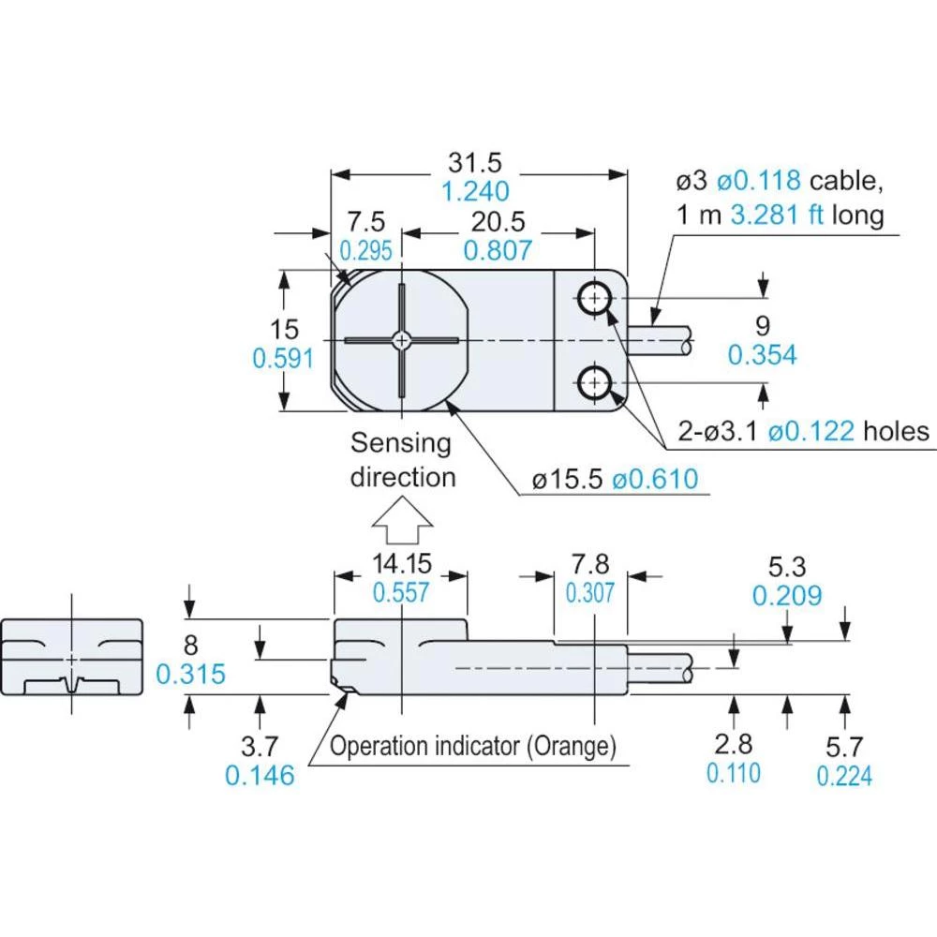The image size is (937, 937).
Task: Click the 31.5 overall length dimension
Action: pyautogui.click(x=474, y=163)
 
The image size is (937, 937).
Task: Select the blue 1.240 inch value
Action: pyautogui.click(x=477, y=192)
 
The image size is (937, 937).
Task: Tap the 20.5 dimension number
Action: pyautogui.click(x=498, y=222)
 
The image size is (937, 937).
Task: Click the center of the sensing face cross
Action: pyautogui.click(x=402, y=339)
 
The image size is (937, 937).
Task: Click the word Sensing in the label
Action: pyautogui.click(x=401, y=443)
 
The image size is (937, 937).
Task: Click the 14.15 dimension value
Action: pyautogui.click(x=401, y=564)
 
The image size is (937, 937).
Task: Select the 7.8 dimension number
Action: pyautogui.click(x=590, y=564)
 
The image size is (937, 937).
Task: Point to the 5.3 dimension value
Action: pyautogui.click(x=787, y=567)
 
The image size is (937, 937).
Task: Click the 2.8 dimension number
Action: pyautogui.click(x=733, y=745)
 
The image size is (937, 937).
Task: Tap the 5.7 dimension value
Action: pyautogui.click(x=844, y=747)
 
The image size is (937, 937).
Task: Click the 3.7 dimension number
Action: pyautogui.click(x=260, y=747)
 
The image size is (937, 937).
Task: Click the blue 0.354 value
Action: pyautogui.click(x=763, y=355)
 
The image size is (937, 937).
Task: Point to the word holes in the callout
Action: pyautogui.click(x=896, y=430)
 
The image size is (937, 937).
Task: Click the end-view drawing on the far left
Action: pyautogui.click(x=72, y=658)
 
